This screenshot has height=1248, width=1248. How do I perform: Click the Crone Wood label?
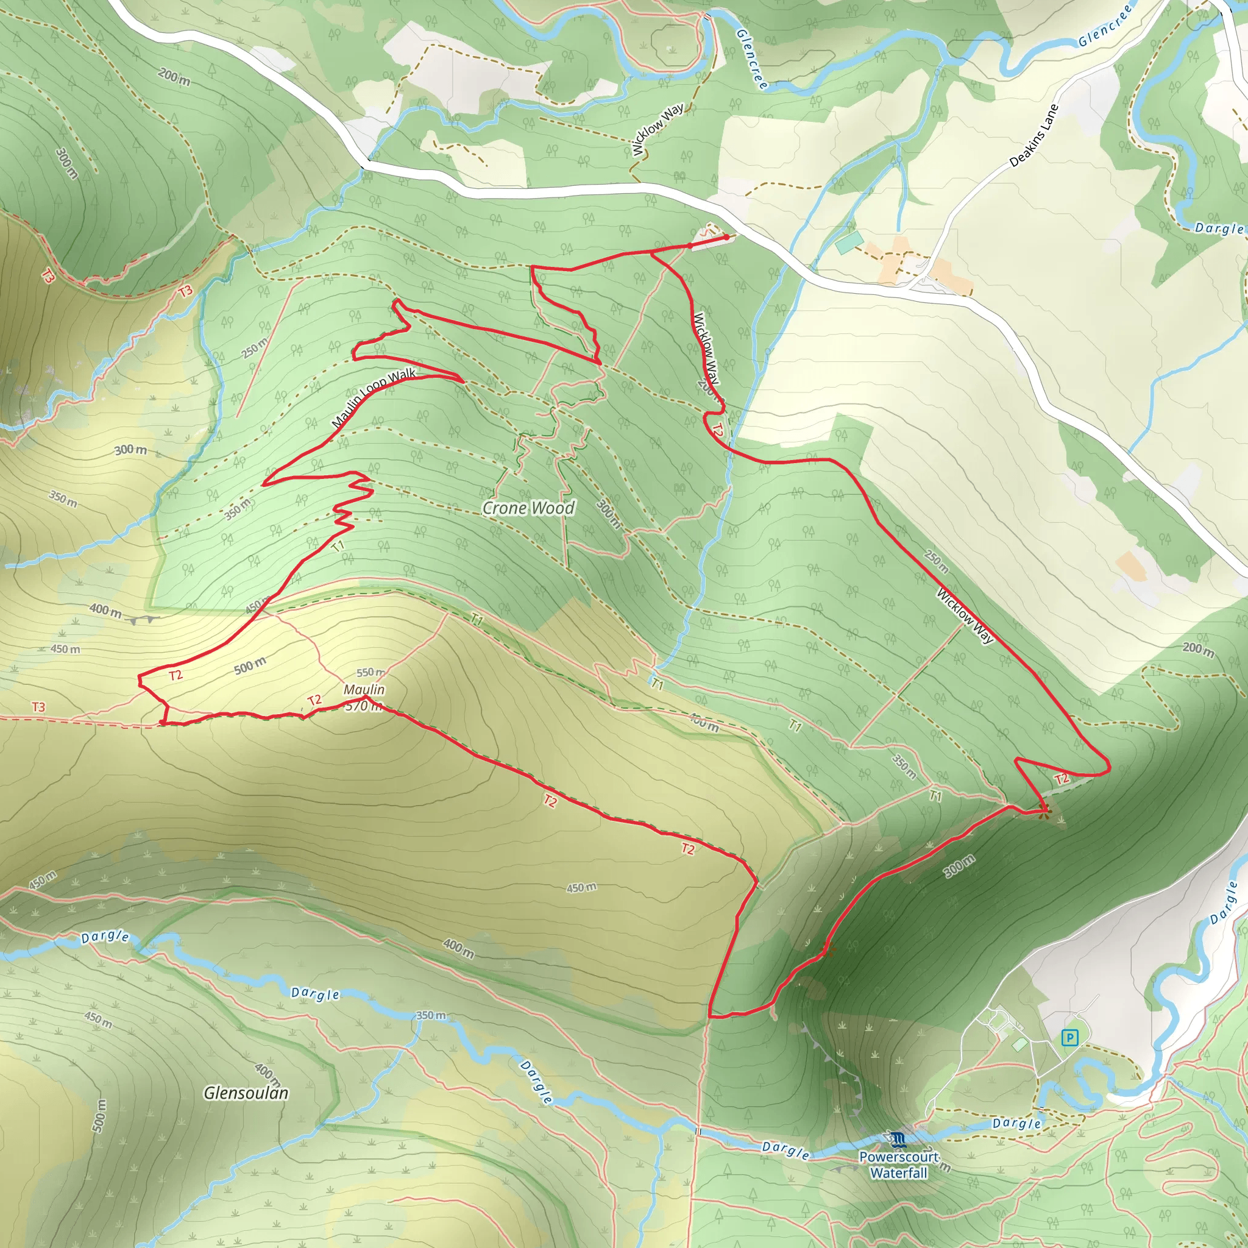click(528, 508)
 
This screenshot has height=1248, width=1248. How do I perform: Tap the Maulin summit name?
click(364, 690)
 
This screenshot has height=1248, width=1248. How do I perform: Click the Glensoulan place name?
click(246, 1093)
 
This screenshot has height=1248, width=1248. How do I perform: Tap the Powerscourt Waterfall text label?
click(899, 1165)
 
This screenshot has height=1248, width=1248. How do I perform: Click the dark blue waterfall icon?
click(896, 1138)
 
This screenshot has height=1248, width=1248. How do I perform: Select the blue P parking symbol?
click(1069, 1038)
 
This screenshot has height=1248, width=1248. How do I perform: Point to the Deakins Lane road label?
click(1033, 135)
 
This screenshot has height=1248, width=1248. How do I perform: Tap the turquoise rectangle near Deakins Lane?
click(849, 243)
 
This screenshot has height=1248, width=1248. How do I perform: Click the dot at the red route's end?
click(728, 237)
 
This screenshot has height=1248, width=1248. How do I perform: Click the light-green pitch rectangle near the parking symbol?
click(1019, 1044)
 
